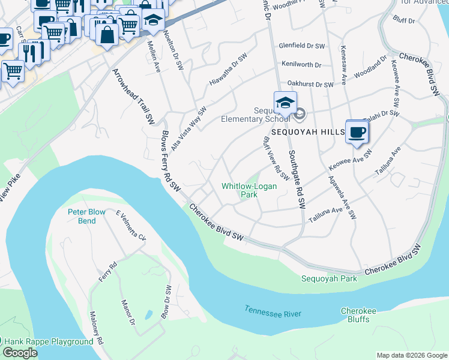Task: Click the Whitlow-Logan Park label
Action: [249, 190]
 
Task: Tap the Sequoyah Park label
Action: [329, 278]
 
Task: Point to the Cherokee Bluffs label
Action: [358, 315]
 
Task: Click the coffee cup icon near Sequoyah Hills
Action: [357, 132]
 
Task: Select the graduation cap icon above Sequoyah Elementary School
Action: [285, 101]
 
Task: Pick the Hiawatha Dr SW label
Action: [229, 70]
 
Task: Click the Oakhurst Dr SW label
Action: [310, 85]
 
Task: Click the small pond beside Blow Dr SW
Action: [147, 314]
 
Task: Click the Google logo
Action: [20, 353]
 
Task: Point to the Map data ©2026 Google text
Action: [411, 355]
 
